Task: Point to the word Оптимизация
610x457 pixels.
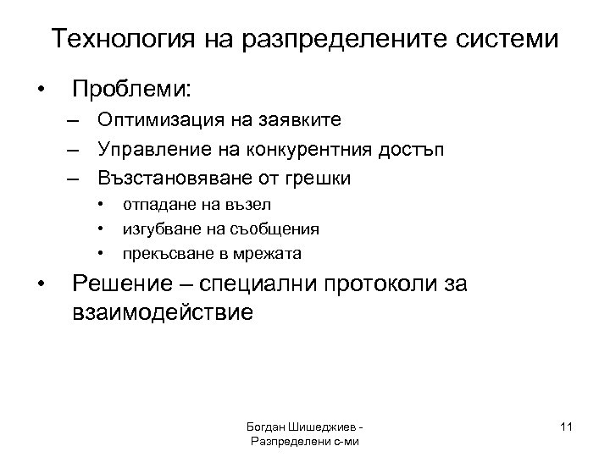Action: tap(158, 123)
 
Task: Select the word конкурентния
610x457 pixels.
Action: tap(304, 151)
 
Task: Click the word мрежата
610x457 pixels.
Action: tap(271, 253)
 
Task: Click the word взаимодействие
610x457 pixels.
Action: tap(163, 312)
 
